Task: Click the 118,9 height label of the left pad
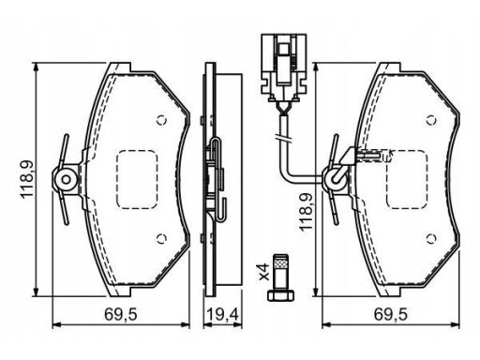tap(27, 178)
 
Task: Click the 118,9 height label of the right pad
tap(306, 212)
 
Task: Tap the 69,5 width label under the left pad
tap(121, 314)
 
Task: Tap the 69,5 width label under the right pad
tap(391, 314)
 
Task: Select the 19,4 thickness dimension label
tap(223, 314)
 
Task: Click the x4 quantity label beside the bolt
tap(264, 271)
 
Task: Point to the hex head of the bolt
tap(280, 295)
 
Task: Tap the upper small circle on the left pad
tap(161, 120)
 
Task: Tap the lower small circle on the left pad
tap(161, 239)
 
